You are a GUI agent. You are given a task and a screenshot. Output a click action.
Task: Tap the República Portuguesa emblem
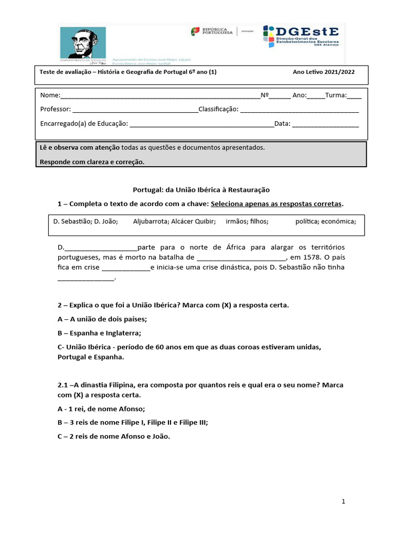click(195, 31)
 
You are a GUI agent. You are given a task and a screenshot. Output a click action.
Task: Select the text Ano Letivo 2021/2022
click(323, 72)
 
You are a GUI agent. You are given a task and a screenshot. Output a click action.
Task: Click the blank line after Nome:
click(161, 96)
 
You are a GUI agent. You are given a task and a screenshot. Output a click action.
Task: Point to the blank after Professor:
click(135, 110)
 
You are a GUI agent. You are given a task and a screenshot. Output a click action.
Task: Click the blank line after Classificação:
click(299, 110)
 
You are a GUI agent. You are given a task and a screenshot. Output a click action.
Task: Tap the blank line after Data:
click(325, 124)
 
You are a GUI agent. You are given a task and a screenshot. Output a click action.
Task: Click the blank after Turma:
click(354, 96)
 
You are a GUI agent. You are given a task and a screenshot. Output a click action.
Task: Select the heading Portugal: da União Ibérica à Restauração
click(201, 189)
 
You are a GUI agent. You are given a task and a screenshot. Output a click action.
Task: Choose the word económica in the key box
click(338, 221)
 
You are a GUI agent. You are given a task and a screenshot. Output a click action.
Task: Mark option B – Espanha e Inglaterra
click(99, 333)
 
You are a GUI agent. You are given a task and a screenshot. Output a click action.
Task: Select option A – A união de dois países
click(102, 319)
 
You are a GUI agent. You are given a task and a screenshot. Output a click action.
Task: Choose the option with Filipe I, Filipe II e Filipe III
click(132, 423)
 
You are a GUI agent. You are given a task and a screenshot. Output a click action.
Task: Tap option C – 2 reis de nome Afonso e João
click(114, 436)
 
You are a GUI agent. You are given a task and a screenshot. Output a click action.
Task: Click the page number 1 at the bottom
click(343, 502)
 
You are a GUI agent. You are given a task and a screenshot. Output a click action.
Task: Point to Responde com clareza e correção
click(92, 162)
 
